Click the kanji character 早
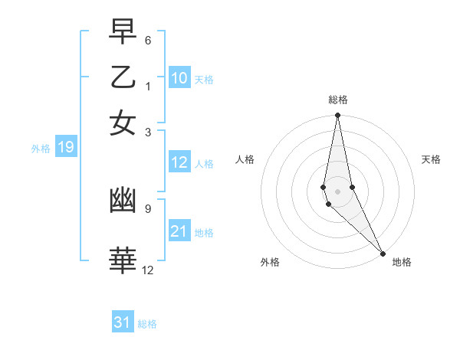pyautogui.click(x=123, y=32)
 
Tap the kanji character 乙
pyautogui.click(x=123, y=77)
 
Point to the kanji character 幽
pyautogui.click(x=123, y=201)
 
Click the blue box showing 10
pyautogui.click(x=179, y=78)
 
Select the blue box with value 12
pyautogui.click(x=179, y=162)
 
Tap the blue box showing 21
pyautogui.click(x=179, y=231)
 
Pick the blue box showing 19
pyautogui.click(x=65, y=147)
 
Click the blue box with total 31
pyautogui.click(x=123, y=322)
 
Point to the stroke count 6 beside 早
pyautogui.click(x=148, y=39)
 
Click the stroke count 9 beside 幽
pyautogui.click(x=148, y=207)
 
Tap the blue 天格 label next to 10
pyautogui.click(x=203, y=80)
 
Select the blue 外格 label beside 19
pyautogui.click(x=41, y=149)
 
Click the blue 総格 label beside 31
pyautogui.click(x=147, y=324)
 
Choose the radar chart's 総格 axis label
pyautogui.click(x=337, y=100)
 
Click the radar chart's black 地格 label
pyautogui.click(x=402, y=262)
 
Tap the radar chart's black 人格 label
pyautogui.click(x=245, y=159)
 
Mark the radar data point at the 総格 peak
pyautogui.click(x=337, y=116)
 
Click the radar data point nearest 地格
pyautogui.click(x=383, y=254)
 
